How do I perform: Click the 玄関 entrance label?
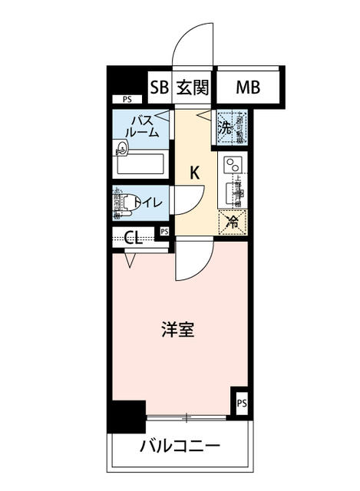pyautogui.click(x=192, y=87)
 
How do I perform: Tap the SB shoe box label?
pyautogui.click(x=159, y=87)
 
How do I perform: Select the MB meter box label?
pyautogui.click(x=247, y=87)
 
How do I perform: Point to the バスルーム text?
pyautogui.click(x=144, y=126)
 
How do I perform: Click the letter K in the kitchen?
pyautogui.click(x=195, y=173)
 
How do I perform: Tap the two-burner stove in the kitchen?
pyautogui.click(x=232, y=164)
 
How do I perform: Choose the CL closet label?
pyautogui.click(x=132, y=236)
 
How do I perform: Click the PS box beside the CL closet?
pyautogui.click(x=164, y=232)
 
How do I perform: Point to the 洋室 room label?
pyautogui.click(x=177, y=331)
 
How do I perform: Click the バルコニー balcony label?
pyautogui.click(x=180, y=447)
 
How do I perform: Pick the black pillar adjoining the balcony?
pyautogui.click(x=125, y=417)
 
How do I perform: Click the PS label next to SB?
pyautogui.click(x=126, y=99)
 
